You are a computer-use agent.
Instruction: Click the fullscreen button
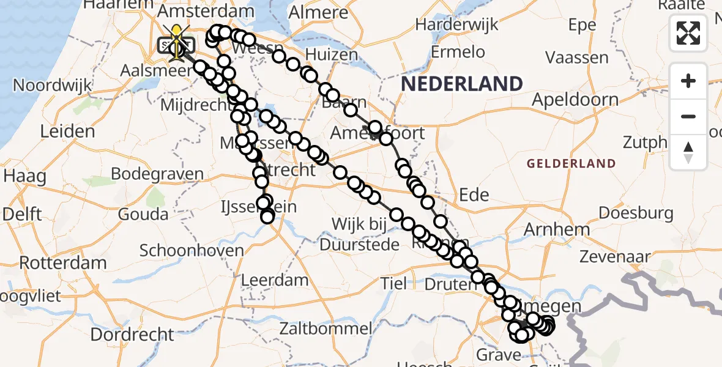tap(688, 32)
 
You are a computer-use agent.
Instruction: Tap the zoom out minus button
tap(688, 116)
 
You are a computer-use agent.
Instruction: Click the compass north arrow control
tap(688, 152)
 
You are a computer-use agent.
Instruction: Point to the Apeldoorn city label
tap(575, 99)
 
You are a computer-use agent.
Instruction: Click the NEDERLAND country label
tap(462, 84)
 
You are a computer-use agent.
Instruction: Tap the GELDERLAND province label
tap(570, 163)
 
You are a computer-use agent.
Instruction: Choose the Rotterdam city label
tap(63, 262)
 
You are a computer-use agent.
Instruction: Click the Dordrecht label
tap(133, 334)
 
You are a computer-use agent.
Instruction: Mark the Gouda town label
tap(144, 214)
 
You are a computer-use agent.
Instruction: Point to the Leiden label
tap(67, 131)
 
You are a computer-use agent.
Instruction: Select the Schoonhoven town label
tap(192, 250)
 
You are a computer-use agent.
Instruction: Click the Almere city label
tap(318, 12)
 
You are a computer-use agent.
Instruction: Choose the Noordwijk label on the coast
tap(53, 85)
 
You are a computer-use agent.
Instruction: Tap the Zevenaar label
tap(616, 256)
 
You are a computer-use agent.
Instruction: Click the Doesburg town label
tap(636, 213)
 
